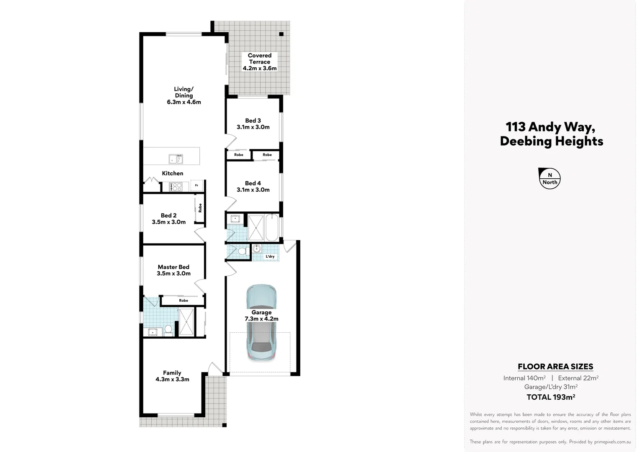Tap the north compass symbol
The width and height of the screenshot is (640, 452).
550,179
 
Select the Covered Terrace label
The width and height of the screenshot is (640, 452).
260,59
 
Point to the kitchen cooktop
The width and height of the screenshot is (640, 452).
175,187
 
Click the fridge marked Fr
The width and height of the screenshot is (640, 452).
196,185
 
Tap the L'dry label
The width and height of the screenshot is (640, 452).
270,257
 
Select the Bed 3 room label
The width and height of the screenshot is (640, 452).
253,121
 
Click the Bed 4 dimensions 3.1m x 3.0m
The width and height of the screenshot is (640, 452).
253,190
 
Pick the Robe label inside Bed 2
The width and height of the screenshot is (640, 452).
200,208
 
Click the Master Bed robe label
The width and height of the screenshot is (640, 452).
183,300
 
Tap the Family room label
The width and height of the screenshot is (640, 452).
172,373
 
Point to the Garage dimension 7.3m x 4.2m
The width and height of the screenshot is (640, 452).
261,318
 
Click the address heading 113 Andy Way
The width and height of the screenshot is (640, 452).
550,126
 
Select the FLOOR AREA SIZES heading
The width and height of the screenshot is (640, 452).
555,367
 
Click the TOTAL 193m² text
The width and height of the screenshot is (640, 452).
550,397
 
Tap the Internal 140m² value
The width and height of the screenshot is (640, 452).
524,378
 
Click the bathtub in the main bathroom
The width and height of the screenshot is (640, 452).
271,228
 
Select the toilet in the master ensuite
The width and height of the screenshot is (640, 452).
168,330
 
